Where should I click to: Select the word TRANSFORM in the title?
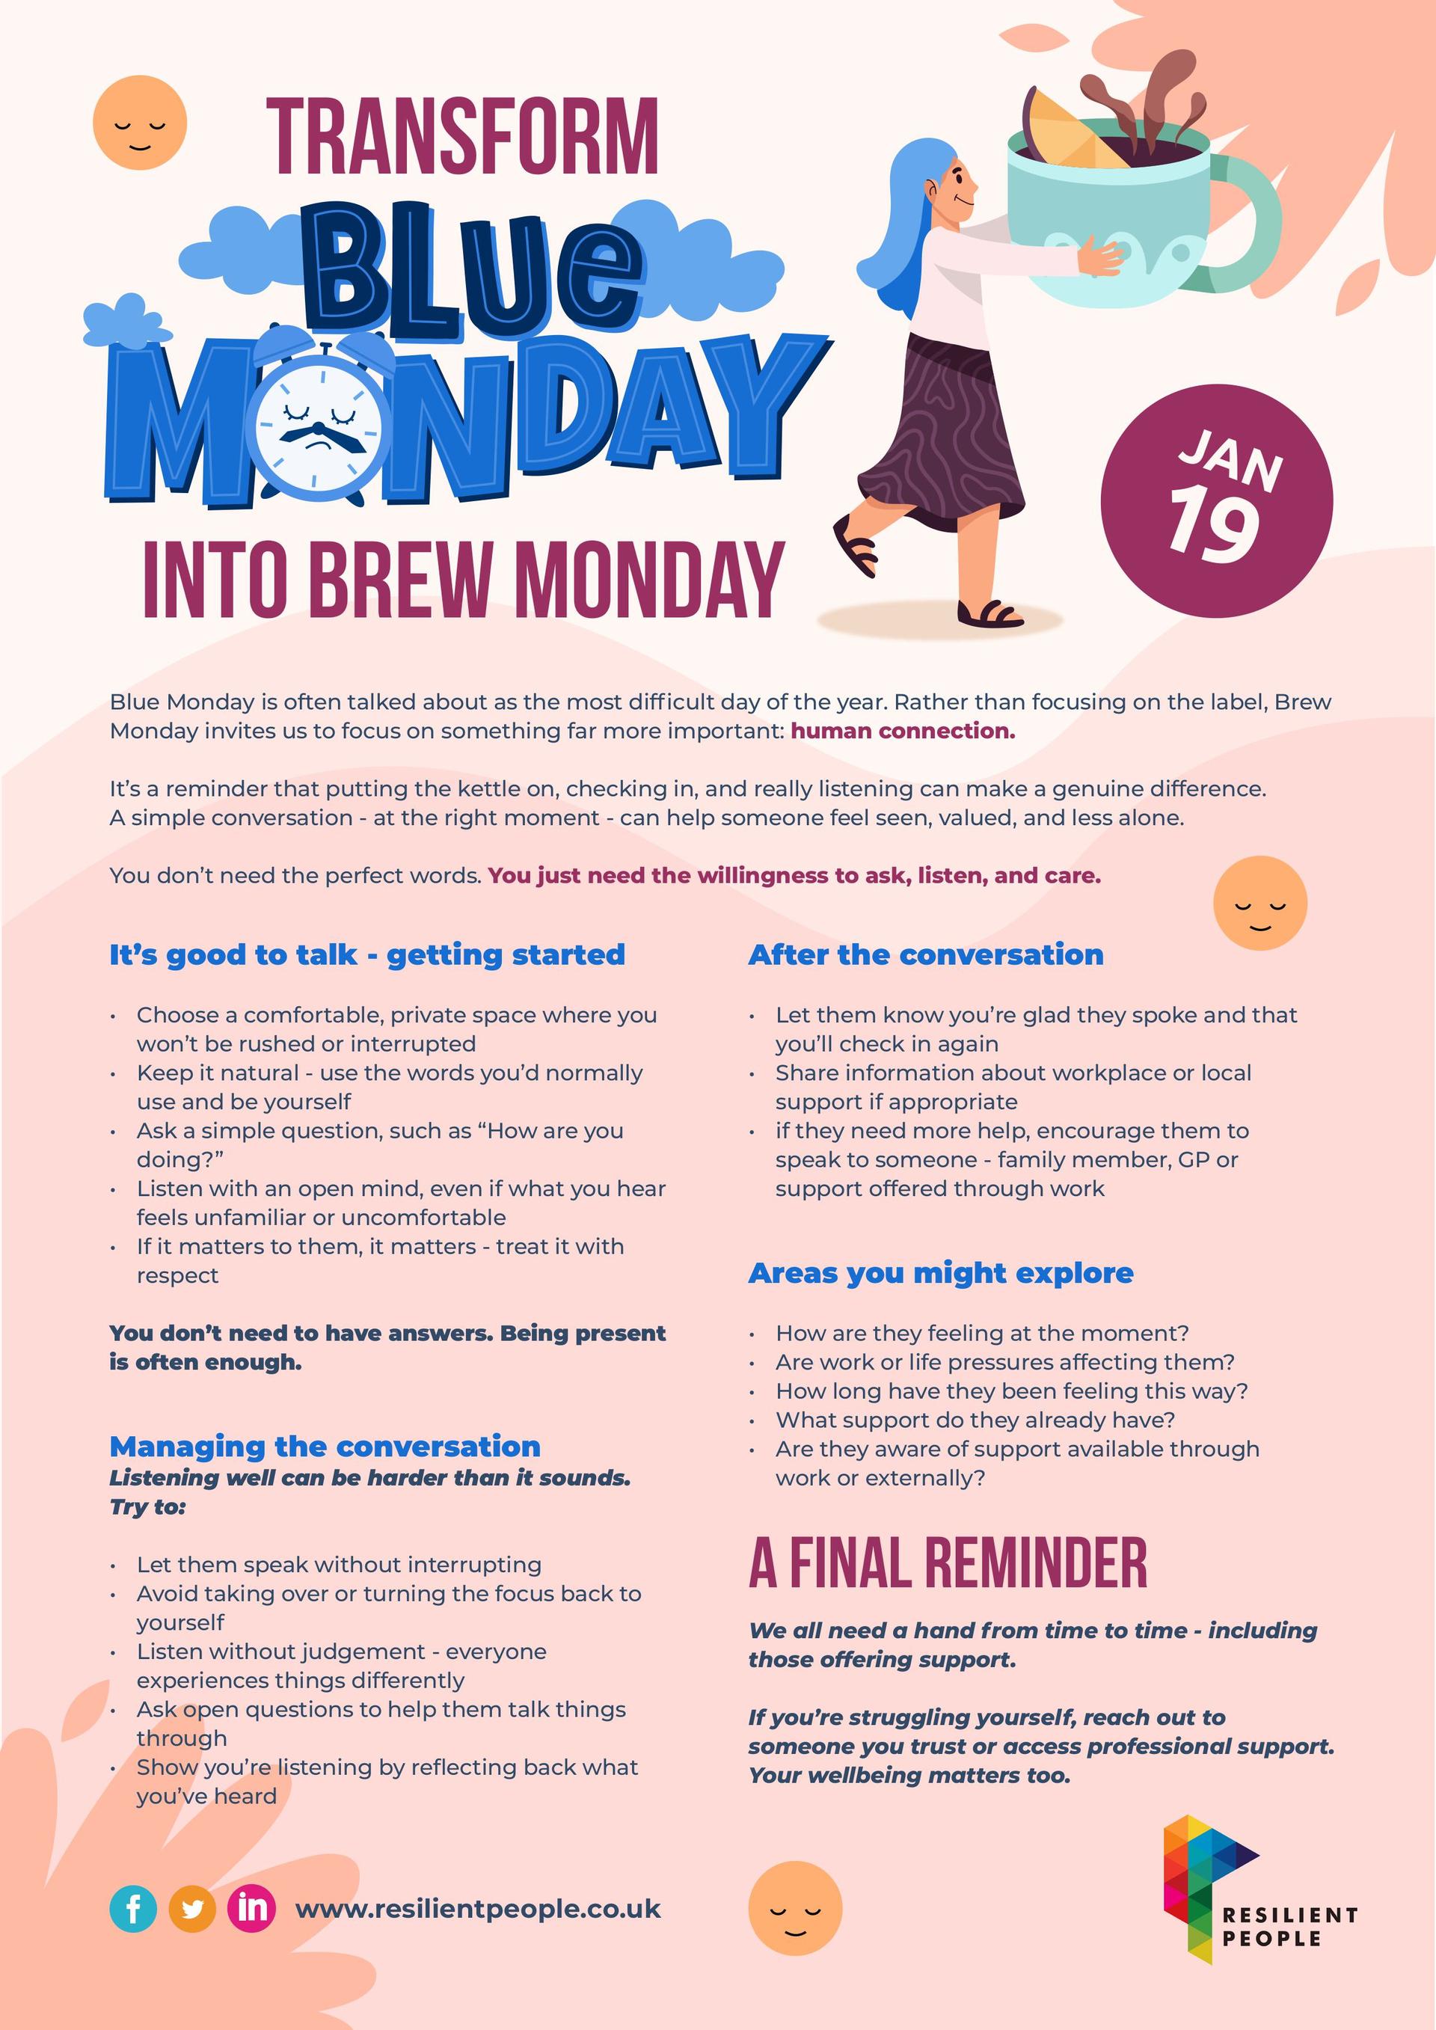point(462,137)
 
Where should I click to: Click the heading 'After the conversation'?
point(926,955)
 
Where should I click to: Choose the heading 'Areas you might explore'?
point(941,1273)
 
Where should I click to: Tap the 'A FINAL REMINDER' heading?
point(948,1563)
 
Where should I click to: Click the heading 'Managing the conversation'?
point(325,1447)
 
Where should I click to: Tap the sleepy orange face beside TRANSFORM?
point(140,122)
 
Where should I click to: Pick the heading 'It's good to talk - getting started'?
point(367,955)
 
